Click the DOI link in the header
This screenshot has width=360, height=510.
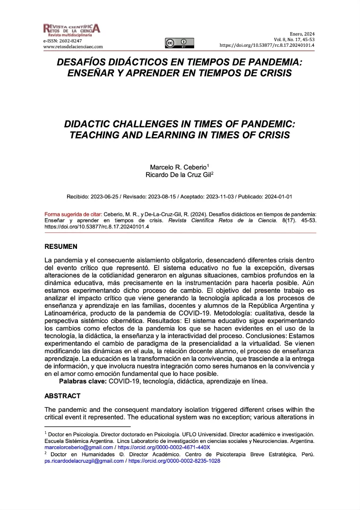[267, 45]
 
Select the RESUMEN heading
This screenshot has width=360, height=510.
[61, 247]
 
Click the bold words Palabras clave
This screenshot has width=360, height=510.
[83, 381]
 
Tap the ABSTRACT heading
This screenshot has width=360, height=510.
[62, 396]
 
